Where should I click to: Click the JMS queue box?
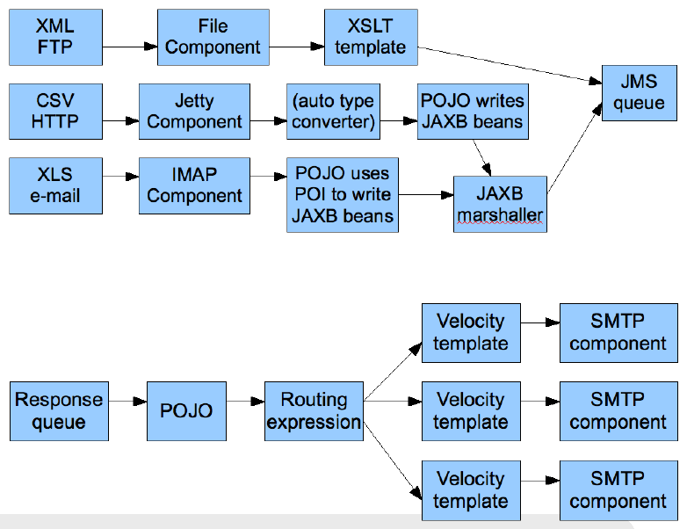(639, 92)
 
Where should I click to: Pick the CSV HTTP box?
(55, 111)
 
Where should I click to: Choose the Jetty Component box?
(194, 112)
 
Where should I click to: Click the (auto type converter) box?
(333, 112)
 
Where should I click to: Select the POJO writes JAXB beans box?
(474, 112)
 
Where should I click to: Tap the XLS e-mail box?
(55, 185)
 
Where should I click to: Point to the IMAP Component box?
(194, 185)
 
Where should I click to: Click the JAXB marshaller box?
(500, 204)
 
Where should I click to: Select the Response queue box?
(59, 411)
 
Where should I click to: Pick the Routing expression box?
(314, 411)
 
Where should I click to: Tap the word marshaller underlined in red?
(500, 215)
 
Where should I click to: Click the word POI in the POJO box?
(311, 193)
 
